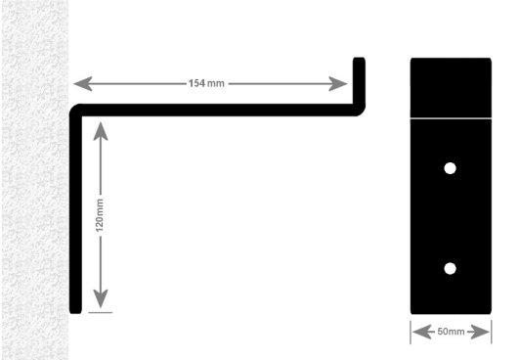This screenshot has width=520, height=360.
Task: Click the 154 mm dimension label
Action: [x=206, y=83]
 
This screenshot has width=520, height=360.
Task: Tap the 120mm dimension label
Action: [x=100, y=215]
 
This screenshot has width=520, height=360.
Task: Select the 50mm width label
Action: [x=451, y=332]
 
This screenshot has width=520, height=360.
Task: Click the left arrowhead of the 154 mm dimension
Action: [x=82, y=83]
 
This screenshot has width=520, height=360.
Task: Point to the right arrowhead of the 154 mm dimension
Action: [x=338, y=83]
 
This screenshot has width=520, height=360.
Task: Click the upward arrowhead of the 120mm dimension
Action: [x=101, y=131]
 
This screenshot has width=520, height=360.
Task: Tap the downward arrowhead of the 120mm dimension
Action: [x=101, y=298]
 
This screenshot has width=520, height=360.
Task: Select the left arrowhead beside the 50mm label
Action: [x=422, y=332]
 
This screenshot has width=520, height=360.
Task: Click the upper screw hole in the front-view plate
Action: [x=450, y=168]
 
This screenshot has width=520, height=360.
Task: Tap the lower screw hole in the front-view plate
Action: [x=450, y=268]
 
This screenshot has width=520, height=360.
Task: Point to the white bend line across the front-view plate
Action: [x=451, y=117]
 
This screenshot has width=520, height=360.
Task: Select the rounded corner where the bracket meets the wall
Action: [x=76, y=111]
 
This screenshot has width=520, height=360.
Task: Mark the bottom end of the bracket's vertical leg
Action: [x=75, y=311]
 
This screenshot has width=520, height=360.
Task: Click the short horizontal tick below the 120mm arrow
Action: [x=100, y=312]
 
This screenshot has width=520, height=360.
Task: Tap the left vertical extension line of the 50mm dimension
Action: [x=411, y=332]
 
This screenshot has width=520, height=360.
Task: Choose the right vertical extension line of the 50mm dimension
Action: [x=491, y=332]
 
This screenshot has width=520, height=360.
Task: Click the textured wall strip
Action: [x=35, y=180]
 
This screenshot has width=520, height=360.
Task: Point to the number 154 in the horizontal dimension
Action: [x=196, y=83]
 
